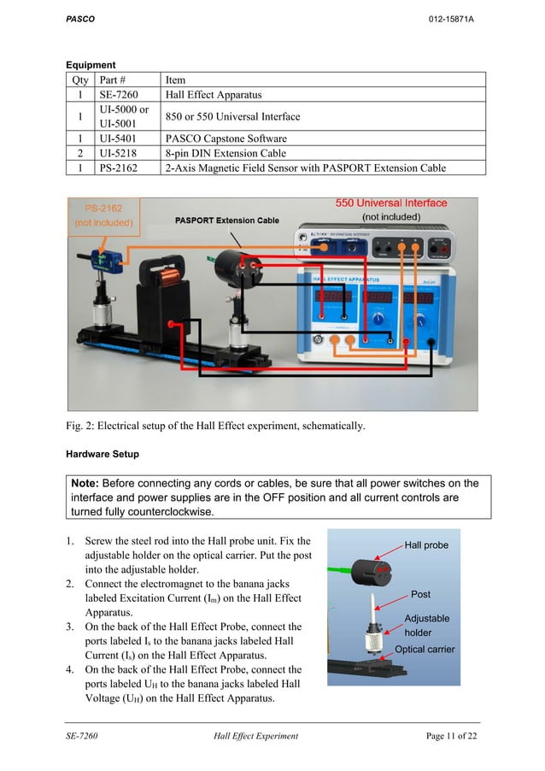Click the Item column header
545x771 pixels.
click(175, 80)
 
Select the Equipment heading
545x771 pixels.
click(91, 65)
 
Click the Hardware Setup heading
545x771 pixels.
click(103, 453)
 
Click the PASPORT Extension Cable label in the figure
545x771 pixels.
click(226, 221)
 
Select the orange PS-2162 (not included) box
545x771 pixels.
click(103, 215)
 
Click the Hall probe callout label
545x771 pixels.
click(425, 544)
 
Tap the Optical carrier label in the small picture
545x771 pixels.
click(425, 650)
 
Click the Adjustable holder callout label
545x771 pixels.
click(426, 625)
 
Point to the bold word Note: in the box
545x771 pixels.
click(91, 484)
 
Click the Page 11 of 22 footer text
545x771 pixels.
click(451, 736)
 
